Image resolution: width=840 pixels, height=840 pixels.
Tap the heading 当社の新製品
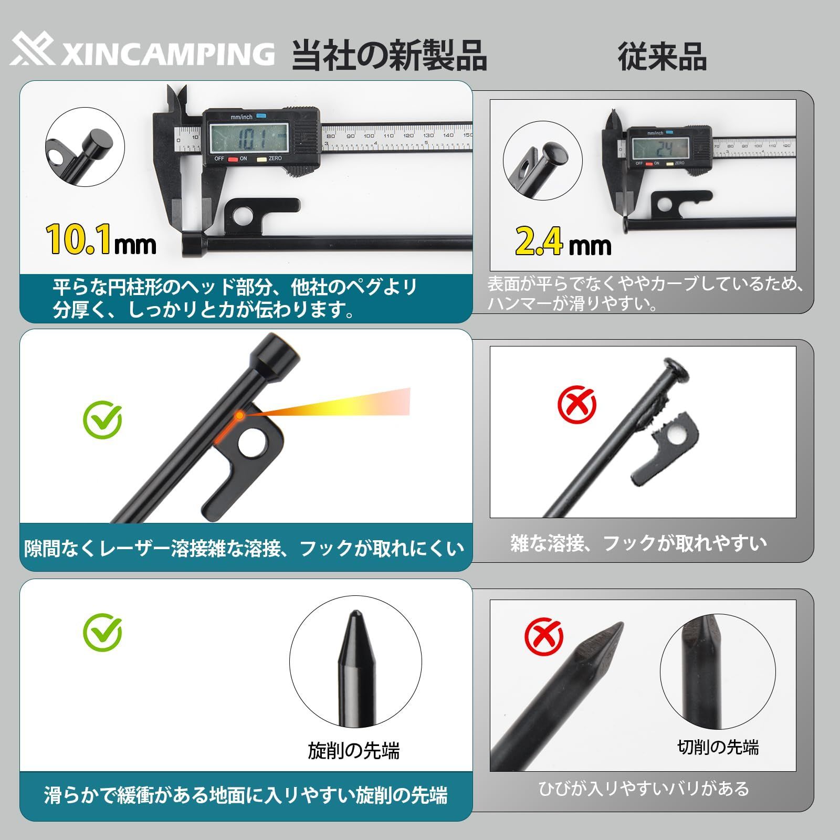390,55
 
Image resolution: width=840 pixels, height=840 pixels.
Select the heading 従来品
662,56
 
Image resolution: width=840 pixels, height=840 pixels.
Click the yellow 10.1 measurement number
78,239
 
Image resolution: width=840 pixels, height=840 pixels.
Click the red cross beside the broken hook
576,404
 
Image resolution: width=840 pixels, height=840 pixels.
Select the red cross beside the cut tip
543,636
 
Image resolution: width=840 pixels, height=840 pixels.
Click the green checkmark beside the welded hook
102,419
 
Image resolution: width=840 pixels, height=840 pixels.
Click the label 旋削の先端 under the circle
354,751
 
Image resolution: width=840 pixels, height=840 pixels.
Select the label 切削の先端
718,747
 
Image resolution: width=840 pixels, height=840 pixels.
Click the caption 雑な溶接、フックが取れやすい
638,543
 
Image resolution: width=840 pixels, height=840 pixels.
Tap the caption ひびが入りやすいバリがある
644,789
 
